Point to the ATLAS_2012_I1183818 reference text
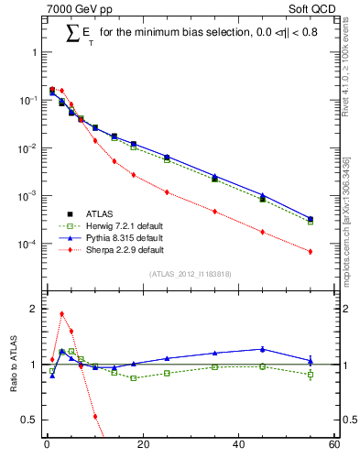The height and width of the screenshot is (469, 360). point(189,274)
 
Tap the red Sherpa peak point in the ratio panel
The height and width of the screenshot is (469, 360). point(61,313)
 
